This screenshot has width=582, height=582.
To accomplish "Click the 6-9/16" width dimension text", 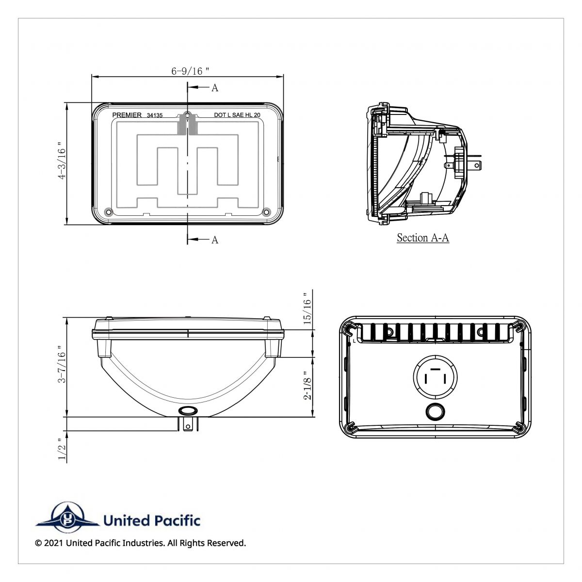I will point(190,71).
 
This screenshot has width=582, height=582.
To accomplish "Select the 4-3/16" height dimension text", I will point(62,162).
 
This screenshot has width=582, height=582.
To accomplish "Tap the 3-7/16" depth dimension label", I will point(62,364).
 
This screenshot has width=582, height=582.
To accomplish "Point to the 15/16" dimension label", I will point(307,309).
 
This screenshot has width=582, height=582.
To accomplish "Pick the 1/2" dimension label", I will point(62,449).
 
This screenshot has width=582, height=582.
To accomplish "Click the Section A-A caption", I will point(422,238).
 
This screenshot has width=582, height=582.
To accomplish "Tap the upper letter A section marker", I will point(214,88).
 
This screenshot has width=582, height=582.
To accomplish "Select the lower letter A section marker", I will point(214,240).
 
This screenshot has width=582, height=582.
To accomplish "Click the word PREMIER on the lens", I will point(127,115).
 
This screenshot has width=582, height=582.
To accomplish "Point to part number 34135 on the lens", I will point(154,115).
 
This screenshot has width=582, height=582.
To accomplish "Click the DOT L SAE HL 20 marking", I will point(237,115).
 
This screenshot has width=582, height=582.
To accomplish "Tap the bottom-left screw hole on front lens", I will point(108,212).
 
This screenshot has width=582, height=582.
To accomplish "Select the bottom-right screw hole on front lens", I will point(266,212).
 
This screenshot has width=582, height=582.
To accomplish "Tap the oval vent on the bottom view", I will point(187,411).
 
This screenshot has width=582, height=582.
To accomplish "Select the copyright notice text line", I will point(141,543).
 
